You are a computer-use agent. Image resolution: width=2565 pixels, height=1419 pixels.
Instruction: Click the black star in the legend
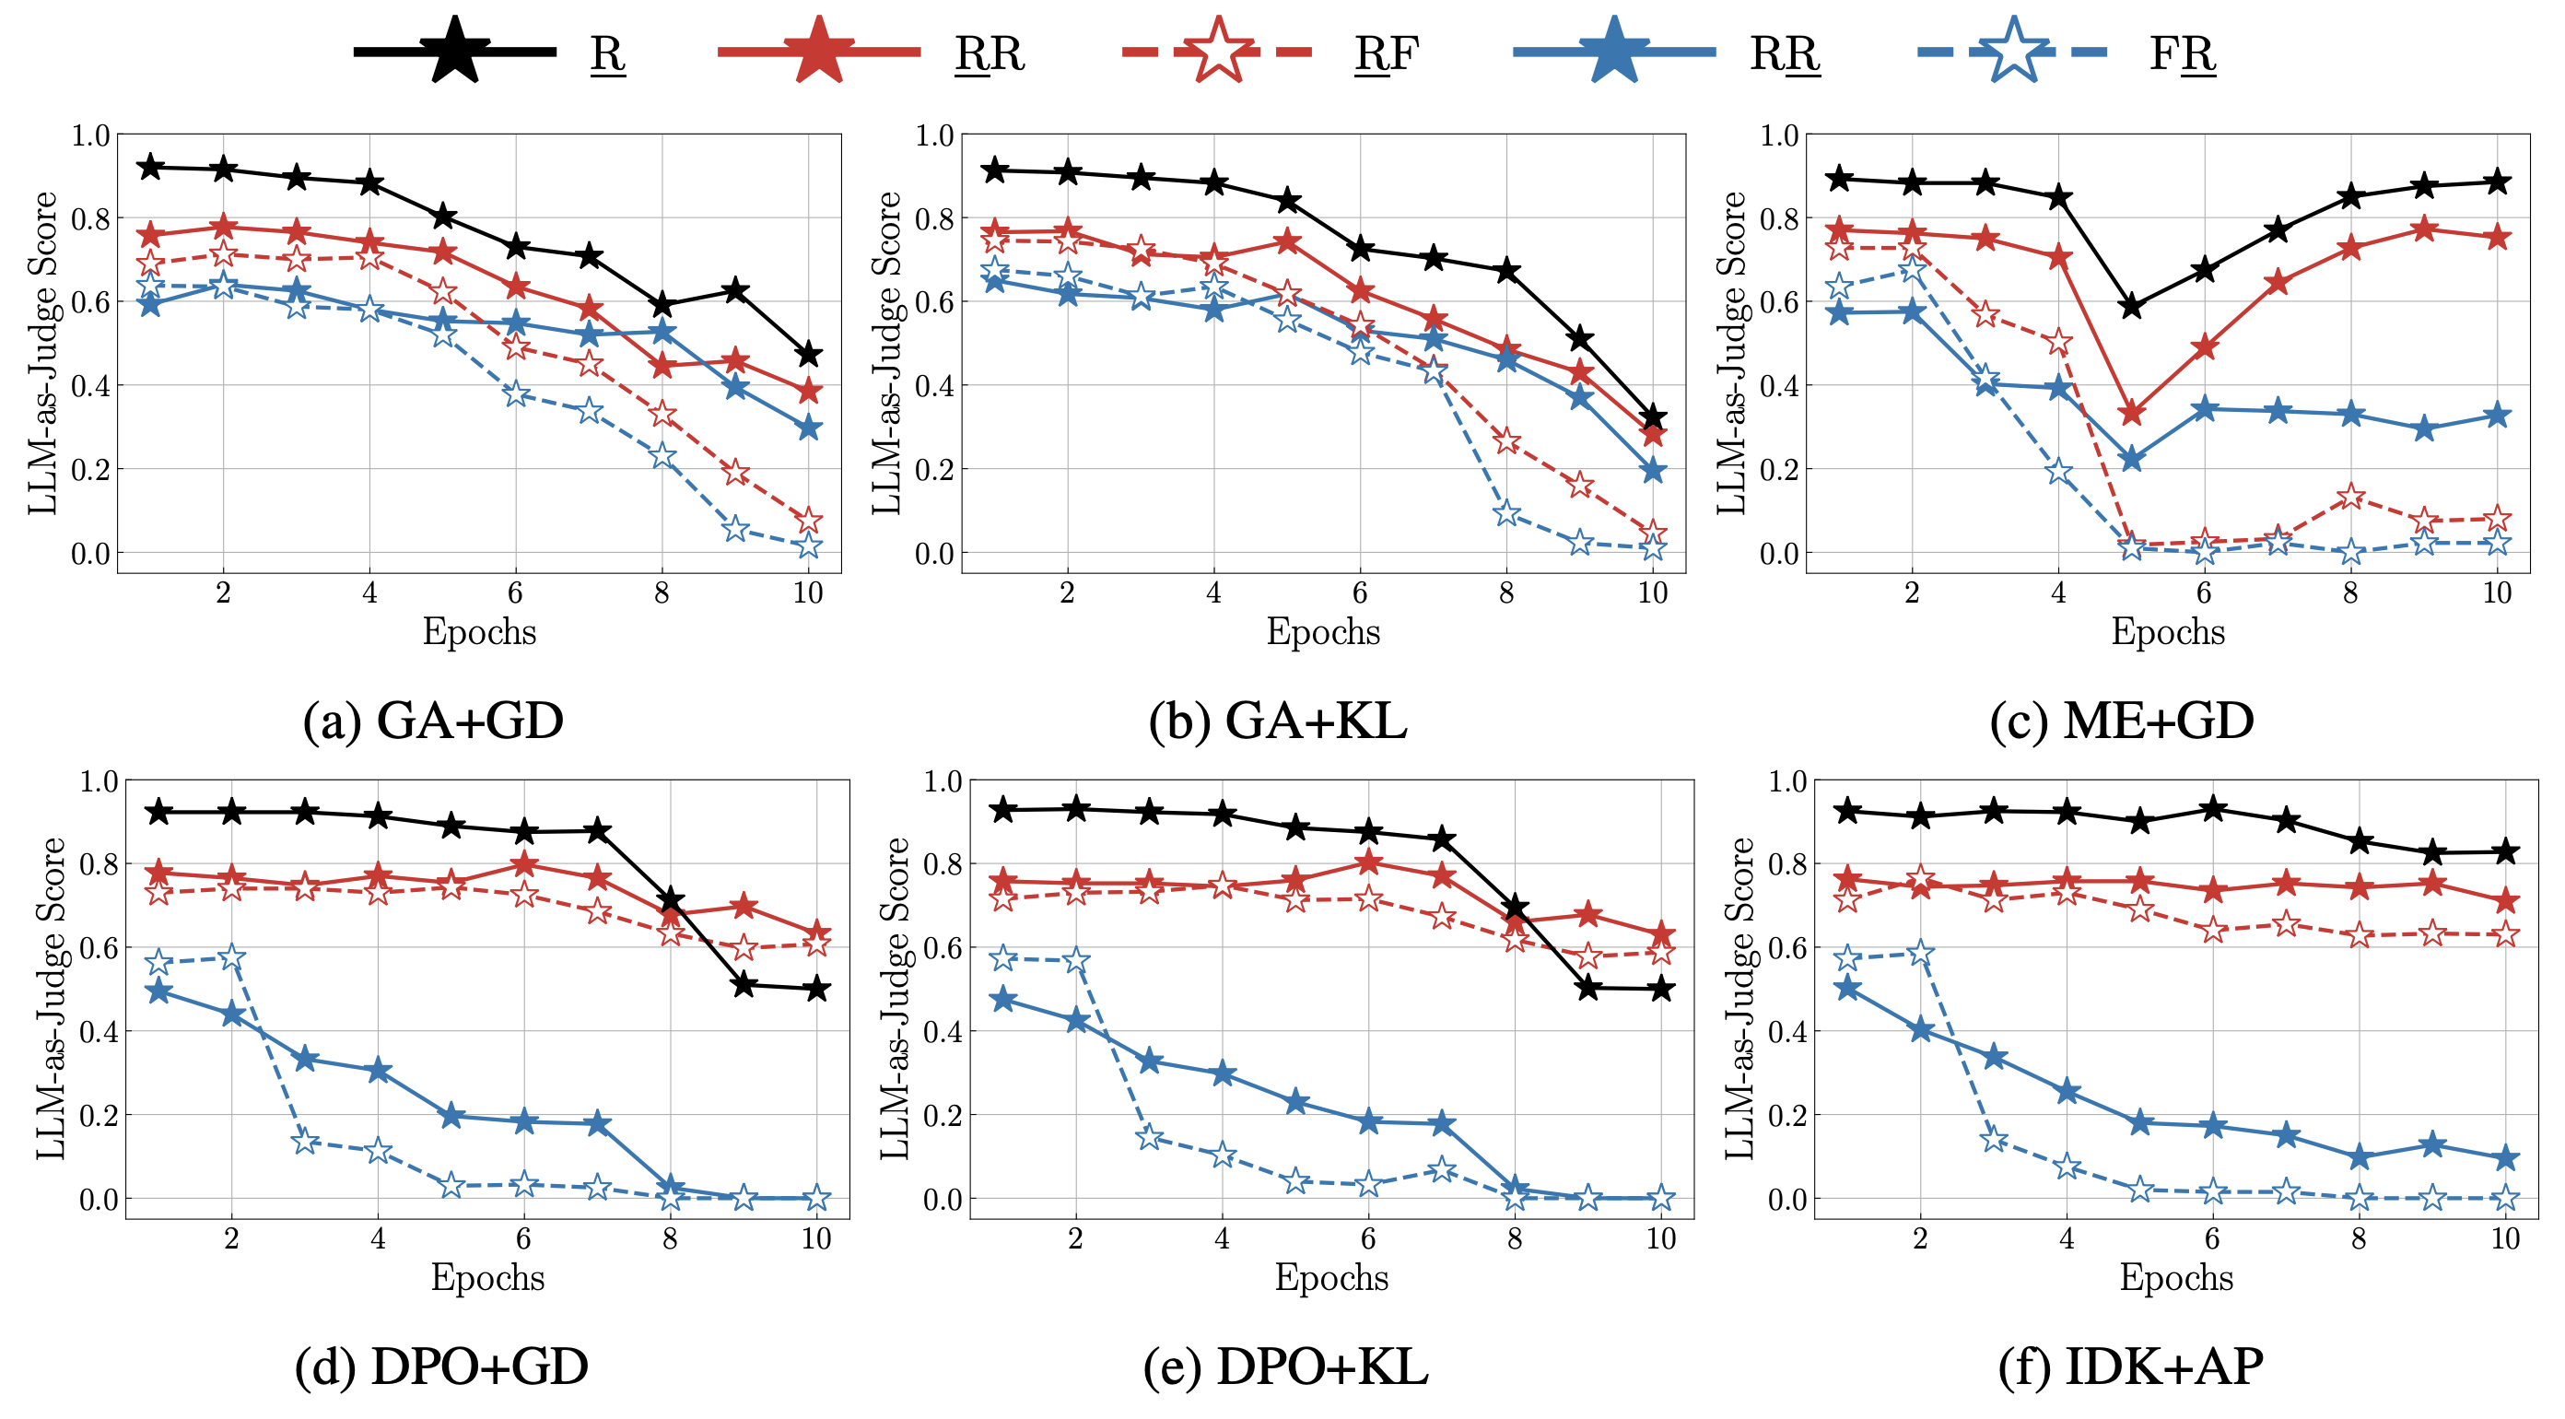(x=454, y=50)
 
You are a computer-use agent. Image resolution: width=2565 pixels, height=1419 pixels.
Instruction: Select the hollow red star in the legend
(x=1217, y=50)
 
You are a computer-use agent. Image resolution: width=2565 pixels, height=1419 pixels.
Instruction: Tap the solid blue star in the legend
(x=1613, y=50)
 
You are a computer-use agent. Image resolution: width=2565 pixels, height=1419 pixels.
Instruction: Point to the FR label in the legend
(x=2182, y=53)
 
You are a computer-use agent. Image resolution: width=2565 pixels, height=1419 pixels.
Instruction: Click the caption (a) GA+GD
(x=433, y=720)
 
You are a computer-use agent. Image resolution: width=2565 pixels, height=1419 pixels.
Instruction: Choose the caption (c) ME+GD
(x=2121, y=720)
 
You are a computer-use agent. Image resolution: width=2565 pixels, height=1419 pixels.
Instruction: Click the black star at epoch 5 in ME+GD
(x=2131, y=306)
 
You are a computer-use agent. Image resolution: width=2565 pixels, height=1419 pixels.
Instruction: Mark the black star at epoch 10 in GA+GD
(x=809, y=354)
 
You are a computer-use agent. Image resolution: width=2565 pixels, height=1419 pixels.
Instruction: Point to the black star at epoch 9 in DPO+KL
(x=1588, y=988)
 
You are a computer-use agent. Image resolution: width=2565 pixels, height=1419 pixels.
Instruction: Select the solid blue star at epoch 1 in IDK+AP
(x=1847, y=988)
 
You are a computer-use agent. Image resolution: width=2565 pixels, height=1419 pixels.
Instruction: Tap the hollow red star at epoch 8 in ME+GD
(x=2351, y=496)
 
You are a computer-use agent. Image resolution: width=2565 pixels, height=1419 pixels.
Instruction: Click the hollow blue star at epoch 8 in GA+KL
(x=1506, y=513)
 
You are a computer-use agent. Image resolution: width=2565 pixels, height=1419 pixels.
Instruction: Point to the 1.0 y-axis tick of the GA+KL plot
(x=934, y=135)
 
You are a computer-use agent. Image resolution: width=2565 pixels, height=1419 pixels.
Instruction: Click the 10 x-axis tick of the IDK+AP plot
(x=2505, y=1237)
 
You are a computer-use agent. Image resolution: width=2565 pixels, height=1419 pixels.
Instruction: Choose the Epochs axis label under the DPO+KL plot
(x=1331, y=1278)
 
